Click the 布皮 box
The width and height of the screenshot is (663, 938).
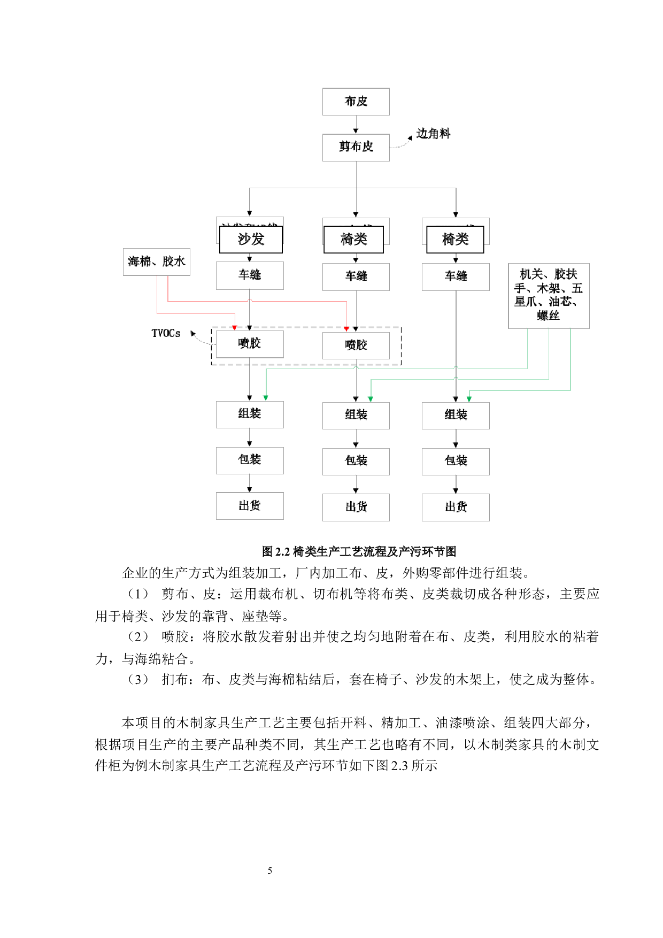click(356, 102)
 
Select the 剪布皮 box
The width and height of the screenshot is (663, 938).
click(356, 147)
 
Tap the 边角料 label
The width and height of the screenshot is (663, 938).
click(433, 134)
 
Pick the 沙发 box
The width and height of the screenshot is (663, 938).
click(251, 239)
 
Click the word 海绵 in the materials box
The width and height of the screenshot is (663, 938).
click(140, 262)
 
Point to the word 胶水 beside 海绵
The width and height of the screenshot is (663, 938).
click(174, 262)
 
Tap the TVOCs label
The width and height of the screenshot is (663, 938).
click(166, 333)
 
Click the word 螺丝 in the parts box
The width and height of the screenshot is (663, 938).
click(548, 316)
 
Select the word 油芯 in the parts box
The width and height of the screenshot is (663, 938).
click(560, 302)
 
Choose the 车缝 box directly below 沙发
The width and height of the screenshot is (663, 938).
click(250, 275)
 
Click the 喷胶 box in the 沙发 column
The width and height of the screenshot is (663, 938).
click(250, 344)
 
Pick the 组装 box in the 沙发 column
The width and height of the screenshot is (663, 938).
click(250, 414)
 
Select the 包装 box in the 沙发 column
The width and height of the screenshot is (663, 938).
click(250, 460)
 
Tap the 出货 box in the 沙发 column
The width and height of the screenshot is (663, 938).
click(250, 506)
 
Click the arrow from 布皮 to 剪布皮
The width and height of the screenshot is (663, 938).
click(356, 125)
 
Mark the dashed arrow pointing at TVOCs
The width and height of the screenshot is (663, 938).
click(201, 339)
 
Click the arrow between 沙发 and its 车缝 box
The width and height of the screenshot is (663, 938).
click(250, 258)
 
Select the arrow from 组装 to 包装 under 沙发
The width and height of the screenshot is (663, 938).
click(250, 437)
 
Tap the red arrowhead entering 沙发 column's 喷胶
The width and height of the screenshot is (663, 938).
click(235, 327)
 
